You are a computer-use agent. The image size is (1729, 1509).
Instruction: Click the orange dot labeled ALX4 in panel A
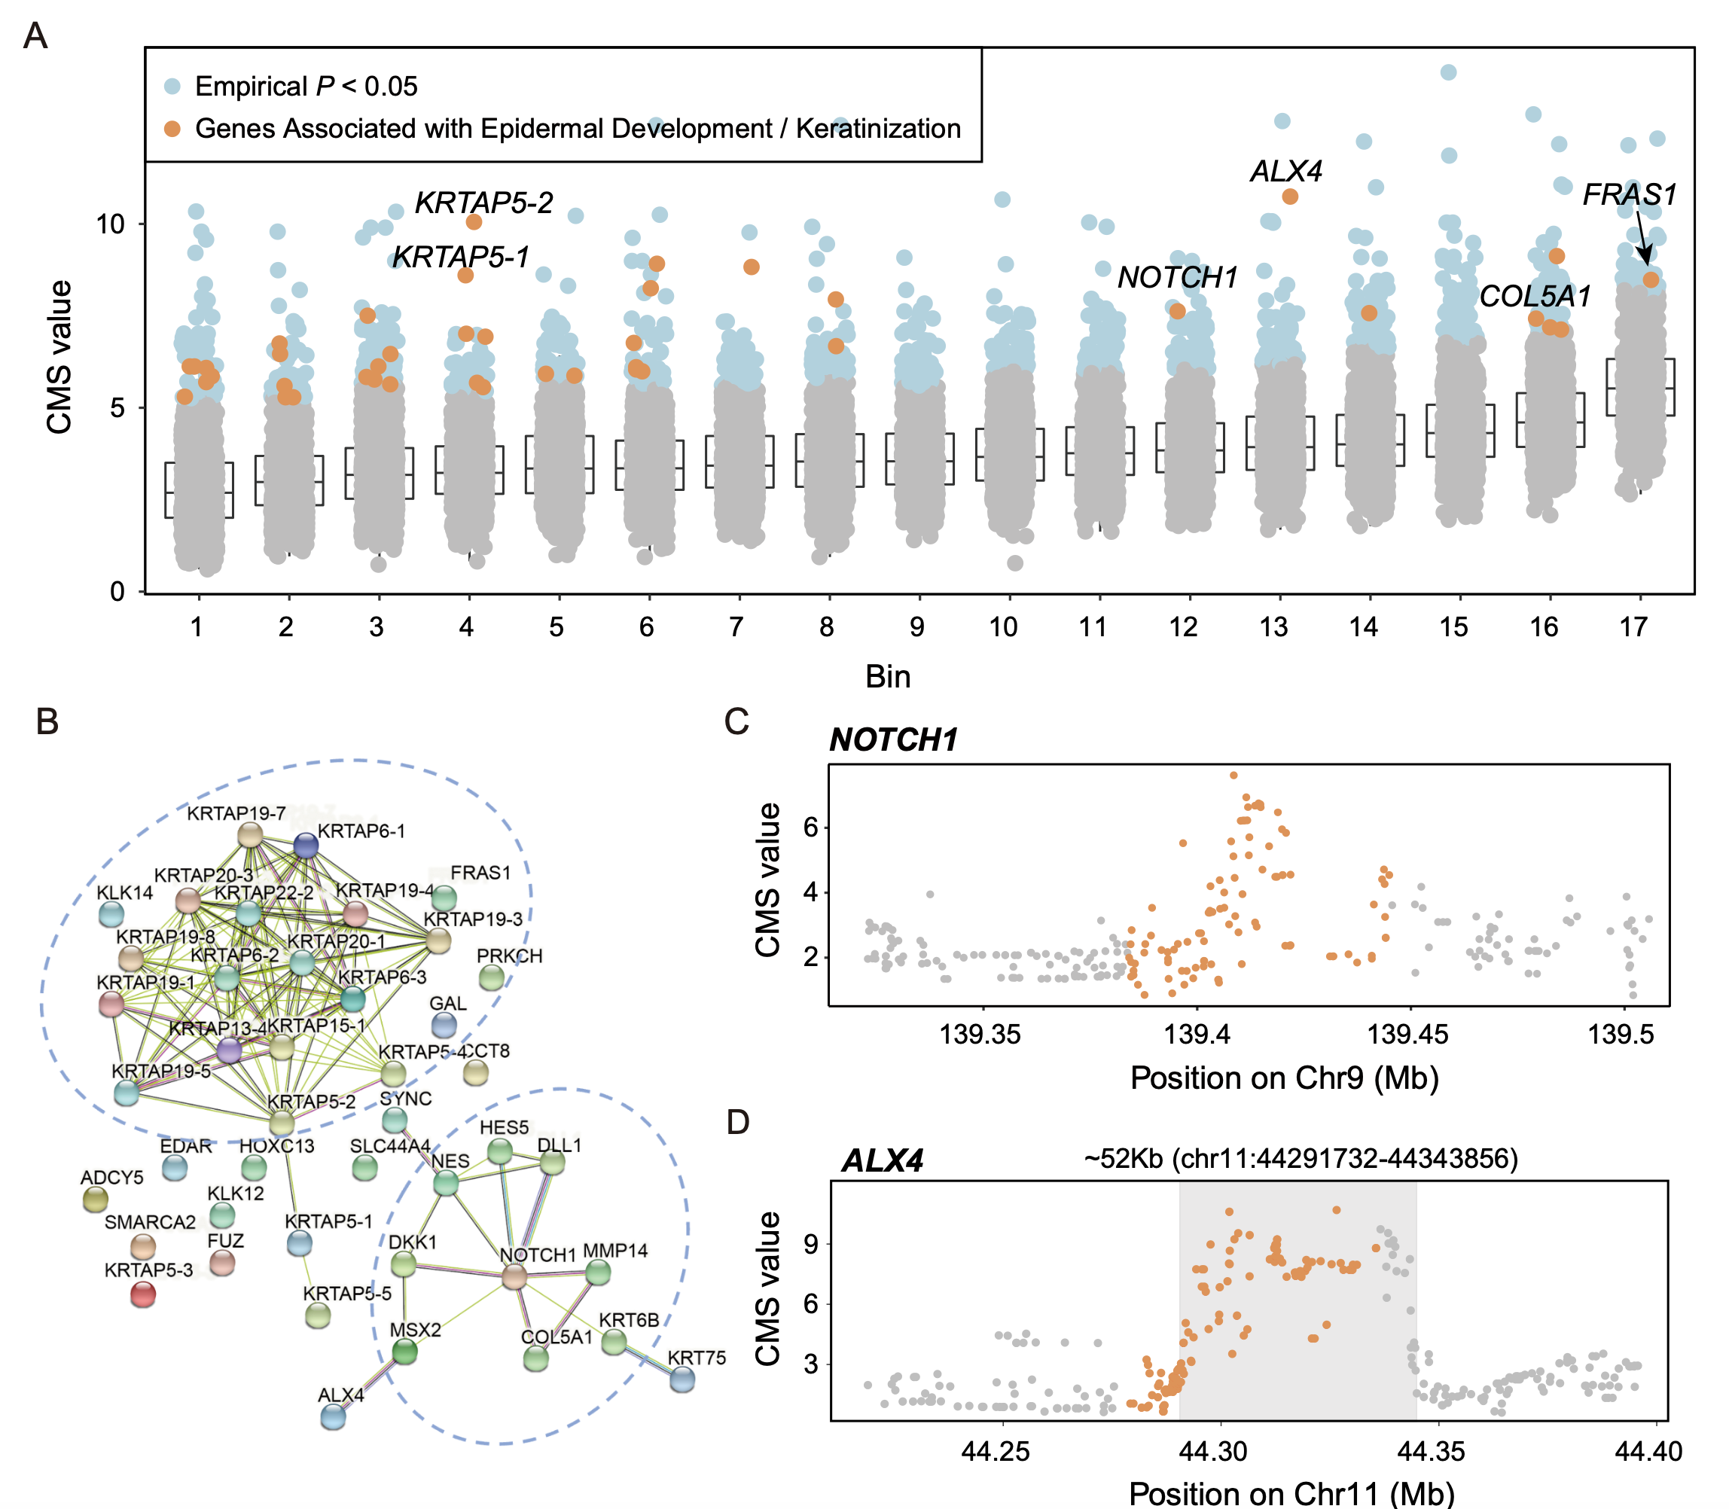coord(1289,197)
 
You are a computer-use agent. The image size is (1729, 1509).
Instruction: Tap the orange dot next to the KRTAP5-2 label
coord(474,222)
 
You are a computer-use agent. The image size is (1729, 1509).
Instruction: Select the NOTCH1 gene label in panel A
coord(1176,277)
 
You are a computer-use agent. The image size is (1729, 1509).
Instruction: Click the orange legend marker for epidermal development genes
coord(172,129)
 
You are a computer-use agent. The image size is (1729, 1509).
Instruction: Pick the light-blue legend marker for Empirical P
coord(172,86)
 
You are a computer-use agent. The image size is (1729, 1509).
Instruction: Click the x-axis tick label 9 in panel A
coord(916,627)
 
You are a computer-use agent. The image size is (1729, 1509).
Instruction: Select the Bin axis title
coord(888,677)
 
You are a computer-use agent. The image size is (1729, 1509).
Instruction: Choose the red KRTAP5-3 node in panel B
coord(143,1294)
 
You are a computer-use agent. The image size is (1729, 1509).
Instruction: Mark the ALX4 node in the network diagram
coord(334,1417)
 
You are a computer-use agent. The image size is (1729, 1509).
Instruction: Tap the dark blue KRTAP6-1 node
coord(306,846)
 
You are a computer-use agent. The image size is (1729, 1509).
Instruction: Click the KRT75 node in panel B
coord(682,1379)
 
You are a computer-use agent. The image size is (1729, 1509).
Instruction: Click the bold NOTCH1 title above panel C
coord(894,740)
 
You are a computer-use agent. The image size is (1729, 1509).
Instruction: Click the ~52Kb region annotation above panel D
coord(1301,1159)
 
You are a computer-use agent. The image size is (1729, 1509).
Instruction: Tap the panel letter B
coord(47,721)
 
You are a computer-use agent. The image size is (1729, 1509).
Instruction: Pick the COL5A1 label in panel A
coord(1535,297)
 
